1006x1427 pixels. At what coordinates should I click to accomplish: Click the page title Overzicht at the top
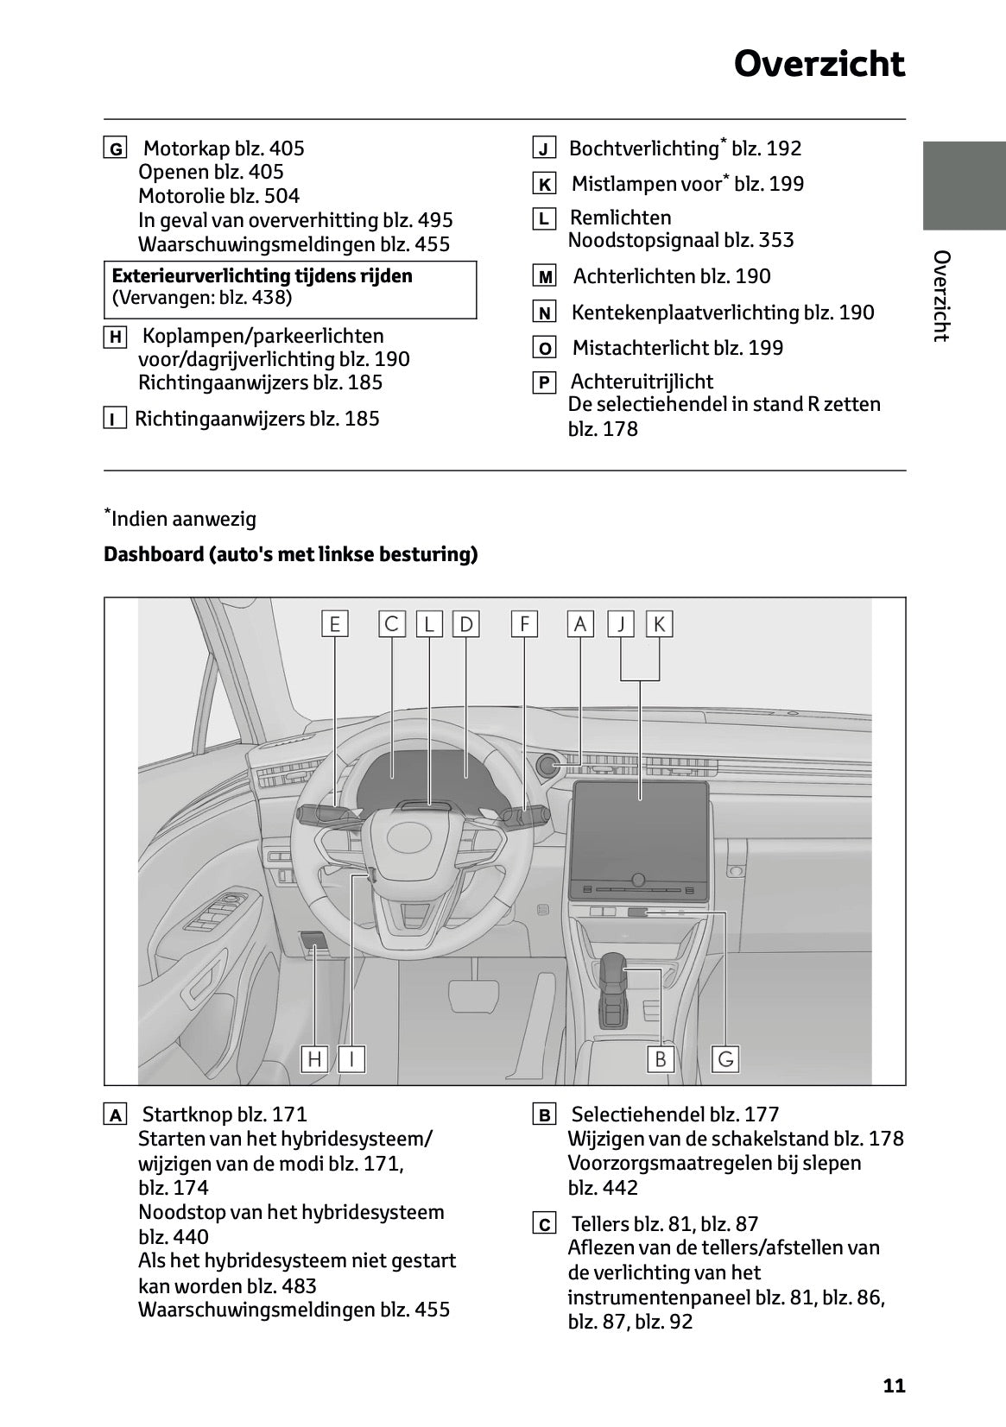819,64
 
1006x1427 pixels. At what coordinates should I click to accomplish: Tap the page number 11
894,1386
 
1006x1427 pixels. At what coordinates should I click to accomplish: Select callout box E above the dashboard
335,623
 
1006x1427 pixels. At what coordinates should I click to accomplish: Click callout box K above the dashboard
659,623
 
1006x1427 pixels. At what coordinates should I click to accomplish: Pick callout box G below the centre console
725,1058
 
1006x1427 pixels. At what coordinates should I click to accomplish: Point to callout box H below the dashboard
314,1058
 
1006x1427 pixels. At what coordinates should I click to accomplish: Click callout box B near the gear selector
661,1058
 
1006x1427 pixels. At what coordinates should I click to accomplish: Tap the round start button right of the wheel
548,765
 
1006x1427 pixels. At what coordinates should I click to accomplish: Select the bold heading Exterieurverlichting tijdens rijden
263,276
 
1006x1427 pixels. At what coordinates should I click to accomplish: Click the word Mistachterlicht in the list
640,348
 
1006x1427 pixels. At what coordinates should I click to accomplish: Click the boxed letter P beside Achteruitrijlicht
544,382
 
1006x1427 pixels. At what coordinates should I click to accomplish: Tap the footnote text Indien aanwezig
184,520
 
